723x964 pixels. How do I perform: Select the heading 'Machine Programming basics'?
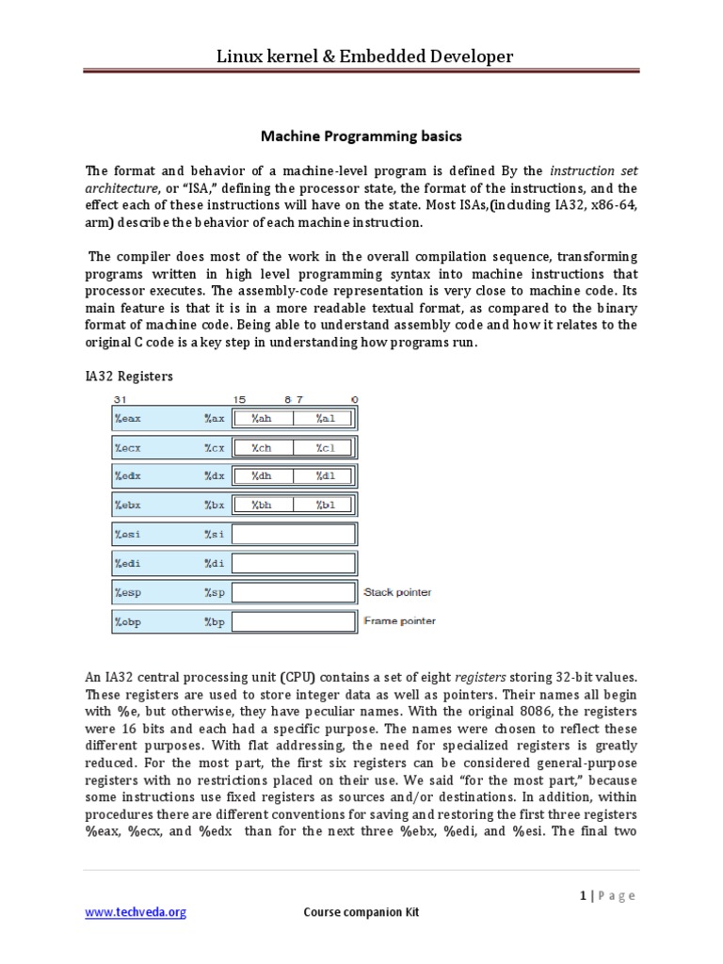(361, 137)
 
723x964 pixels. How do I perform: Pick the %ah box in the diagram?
(262, 419)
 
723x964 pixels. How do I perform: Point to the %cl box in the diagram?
(325, 448)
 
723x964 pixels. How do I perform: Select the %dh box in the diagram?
(262, 476)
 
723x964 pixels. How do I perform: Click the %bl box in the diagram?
(325, 506)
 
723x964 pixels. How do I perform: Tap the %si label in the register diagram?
(215, 535)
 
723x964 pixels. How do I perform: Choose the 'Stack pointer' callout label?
(397, 593)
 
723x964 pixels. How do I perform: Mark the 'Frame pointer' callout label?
(399, 621)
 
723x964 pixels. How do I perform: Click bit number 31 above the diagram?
(119, 399)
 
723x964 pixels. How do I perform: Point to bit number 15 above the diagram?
(239, 399)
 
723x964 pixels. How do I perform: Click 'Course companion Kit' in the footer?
(361, 912)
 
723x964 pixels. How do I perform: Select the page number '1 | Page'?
(607, 895)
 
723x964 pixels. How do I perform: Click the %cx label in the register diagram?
(215, 448)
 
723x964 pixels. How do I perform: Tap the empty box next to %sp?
(294, 593)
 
